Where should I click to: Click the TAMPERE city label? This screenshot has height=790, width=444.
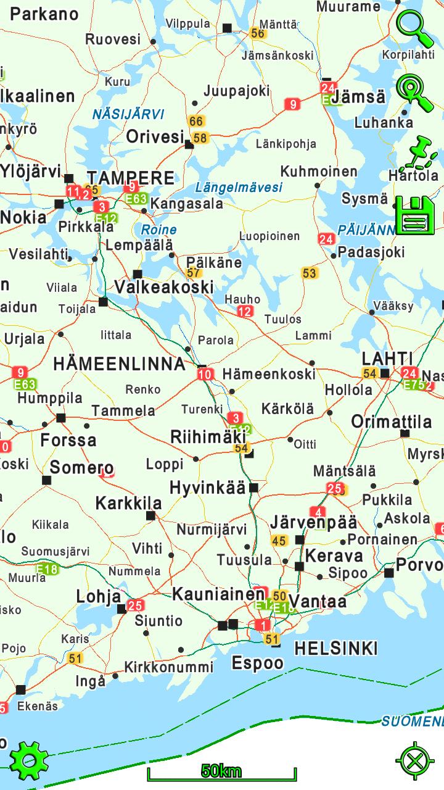pyautogui.click(x=131, y=178)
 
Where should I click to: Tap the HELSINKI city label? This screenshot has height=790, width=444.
pyautogui.click(x=335, y=648)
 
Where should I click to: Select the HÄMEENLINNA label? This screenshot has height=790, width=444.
pyautogui.click(x=119, y=364)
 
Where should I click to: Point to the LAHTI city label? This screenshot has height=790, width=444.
pyautogui.click(x=387, y=358)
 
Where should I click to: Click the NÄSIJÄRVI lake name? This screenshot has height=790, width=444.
pyautogui.click(x=128, y=114)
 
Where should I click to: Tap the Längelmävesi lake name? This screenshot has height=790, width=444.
pyautogui.click(x=239, y=187)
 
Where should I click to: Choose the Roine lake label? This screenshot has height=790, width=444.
pyautogui.click(x=158, y=230)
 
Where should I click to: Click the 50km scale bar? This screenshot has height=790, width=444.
pyautogui.click(x=221, y=771)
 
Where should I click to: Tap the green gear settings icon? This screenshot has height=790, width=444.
pyautogui.click(x=28, y=760)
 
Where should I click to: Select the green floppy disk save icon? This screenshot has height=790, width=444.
pyautogui.click(x=415, y=215)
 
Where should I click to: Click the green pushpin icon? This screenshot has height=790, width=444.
pyautogui.click(x=417, y=154)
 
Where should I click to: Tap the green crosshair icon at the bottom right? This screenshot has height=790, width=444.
pyautogui.click(x=414, y=760)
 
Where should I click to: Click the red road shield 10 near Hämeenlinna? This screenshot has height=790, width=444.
pyautogui.click(x=205, y=374)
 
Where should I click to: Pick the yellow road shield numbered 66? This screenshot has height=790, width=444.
pyautogui.click(x=196, y=122)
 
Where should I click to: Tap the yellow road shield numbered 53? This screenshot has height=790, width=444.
pyautogui.click(x=309, y=273)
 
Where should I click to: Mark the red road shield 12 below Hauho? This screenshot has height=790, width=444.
pyautogui.click(x=245, y=312)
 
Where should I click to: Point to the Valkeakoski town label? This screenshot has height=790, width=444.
pyautogui.click(x=164, y=287)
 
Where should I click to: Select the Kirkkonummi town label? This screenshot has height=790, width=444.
pyautogui.click(x=168, y=667)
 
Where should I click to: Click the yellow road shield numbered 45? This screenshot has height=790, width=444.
pyautogui.click(x=279, y=541)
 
